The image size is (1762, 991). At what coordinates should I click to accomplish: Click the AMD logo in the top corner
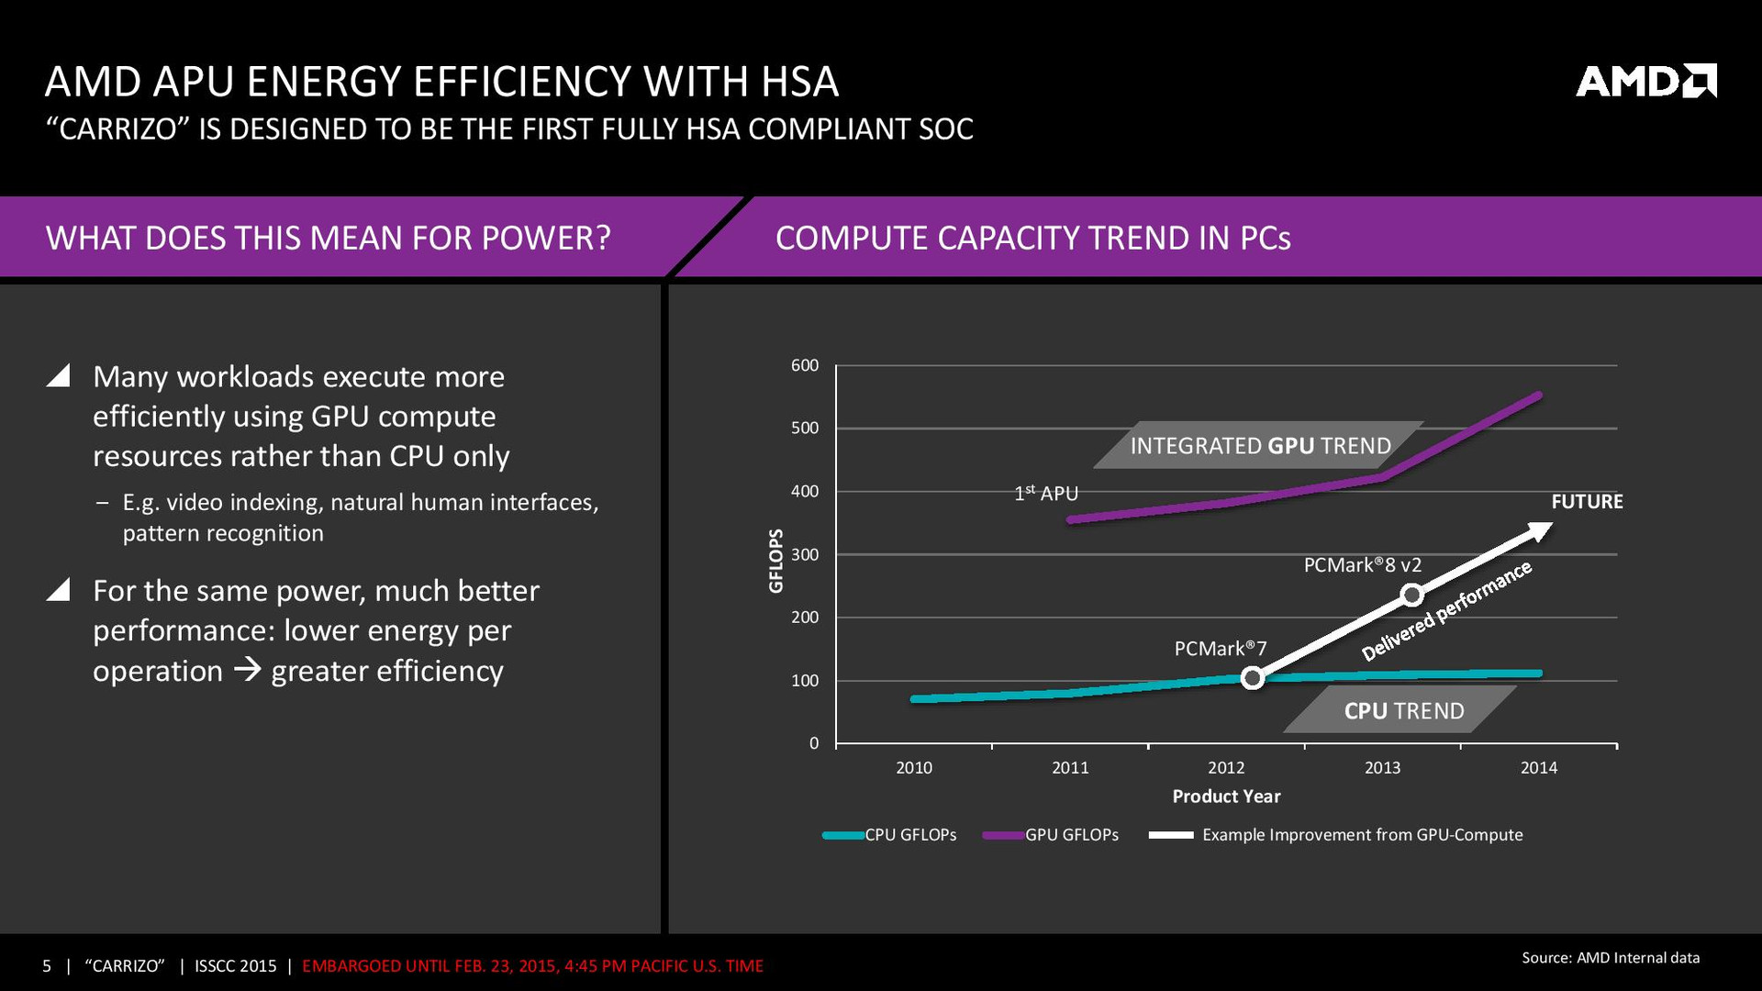coord(1645,81)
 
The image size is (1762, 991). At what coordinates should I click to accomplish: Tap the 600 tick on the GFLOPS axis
coord(805,365)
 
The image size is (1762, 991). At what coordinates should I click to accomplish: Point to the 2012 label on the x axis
coord(1226,768)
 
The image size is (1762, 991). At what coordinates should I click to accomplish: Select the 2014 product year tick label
coord(1538,768)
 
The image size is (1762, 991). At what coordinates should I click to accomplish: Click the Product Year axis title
coord(1226,796)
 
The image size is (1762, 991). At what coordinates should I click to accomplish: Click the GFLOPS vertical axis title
coord(776,561)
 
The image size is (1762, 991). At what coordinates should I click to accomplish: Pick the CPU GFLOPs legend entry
coord(890,835)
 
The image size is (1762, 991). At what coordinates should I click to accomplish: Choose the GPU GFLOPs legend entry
coord(1051,835)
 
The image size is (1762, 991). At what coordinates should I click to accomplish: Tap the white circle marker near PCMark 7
coord(1253,678)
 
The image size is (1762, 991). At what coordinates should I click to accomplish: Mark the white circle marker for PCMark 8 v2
coord(1412,596)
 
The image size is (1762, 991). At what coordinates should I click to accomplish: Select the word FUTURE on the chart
coord(1587,502)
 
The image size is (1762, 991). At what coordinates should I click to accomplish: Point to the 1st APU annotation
coord(1046,494)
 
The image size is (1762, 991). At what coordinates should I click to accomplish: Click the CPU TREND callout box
coord(1403,711)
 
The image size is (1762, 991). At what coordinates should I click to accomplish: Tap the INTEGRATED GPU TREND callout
coord(1260,446)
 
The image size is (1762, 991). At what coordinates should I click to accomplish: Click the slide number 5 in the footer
coord(47,966)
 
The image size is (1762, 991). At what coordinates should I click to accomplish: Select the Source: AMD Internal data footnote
coord(1611,958)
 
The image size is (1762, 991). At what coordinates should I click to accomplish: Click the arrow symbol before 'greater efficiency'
coord(247,671)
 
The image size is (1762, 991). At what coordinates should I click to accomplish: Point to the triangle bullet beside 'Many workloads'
coord(59,375)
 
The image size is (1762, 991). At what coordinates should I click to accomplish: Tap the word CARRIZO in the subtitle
coord(121,129)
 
